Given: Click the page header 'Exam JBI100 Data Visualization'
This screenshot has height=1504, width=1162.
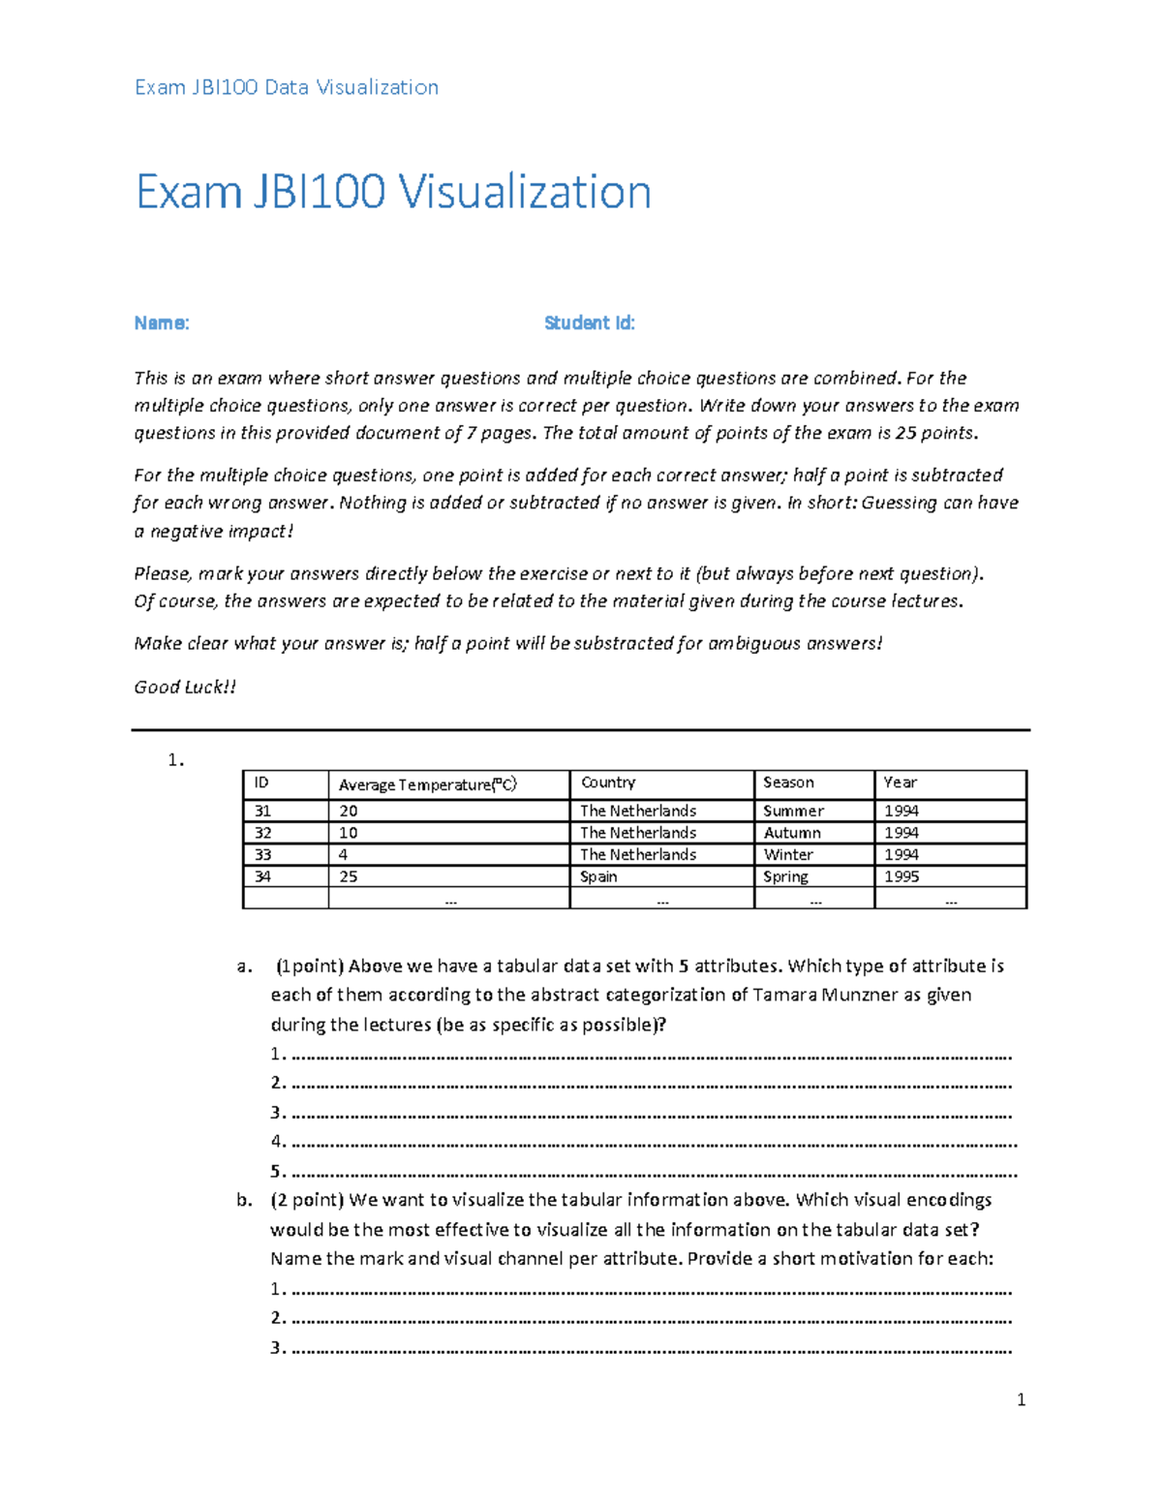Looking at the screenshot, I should click(x=287, y=87).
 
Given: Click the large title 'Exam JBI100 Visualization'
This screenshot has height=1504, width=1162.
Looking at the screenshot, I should click(x=393, y=192).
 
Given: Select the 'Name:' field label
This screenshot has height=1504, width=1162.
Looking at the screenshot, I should click(x=162, y=323).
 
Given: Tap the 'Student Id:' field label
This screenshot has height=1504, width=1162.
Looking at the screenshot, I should click(x=589, y=323).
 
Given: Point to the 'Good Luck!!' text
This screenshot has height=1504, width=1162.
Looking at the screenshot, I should click(x=185, y=688).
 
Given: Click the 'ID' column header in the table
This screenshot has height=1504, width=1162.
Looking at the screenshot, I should click(x=261, y=783).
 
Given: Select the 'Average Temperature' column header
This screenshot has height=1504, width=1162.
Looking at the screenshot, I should click(x=427, y=784).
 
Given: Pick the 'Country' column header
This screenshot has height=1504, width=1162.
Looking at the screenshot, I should click(x=608, y=783).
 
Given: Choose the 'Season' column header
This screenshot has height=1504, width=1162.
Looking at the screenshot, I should click(x=788, y=783).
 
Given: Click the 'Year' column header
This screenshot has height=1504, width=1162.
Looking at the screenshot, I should click(x=900, y=783).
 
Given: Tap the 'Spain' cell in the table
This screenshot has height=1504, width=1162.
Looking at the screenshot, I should click(x=598, y=876).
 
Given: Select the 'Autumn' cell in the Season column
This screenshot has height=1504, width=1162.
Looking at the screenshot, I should click(x=792, y=833).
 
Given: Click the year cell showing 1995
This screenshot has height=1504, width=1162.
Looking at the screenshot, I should click(x=902, y=876).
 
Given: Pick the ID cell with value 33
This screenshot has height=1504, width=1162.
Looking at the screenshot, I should click(x=262, y=855).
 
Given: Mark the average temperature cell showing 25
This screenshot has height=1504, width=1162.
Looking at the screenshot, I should click(x=349, y=876).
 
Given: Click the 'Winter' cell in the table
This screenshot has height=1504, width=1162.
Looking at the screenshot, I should click(x=788, y=855).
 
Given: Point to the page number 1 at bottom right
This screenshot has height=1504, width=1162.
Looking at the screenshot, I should click(x=1021, y=1399).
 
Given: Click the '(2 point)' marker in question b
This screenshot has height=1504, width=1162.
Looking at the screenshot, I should click(x=307, y=1200).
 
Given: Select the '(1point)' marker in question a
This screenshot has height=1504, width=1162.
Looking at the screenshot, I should click(x=310, y=966).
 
